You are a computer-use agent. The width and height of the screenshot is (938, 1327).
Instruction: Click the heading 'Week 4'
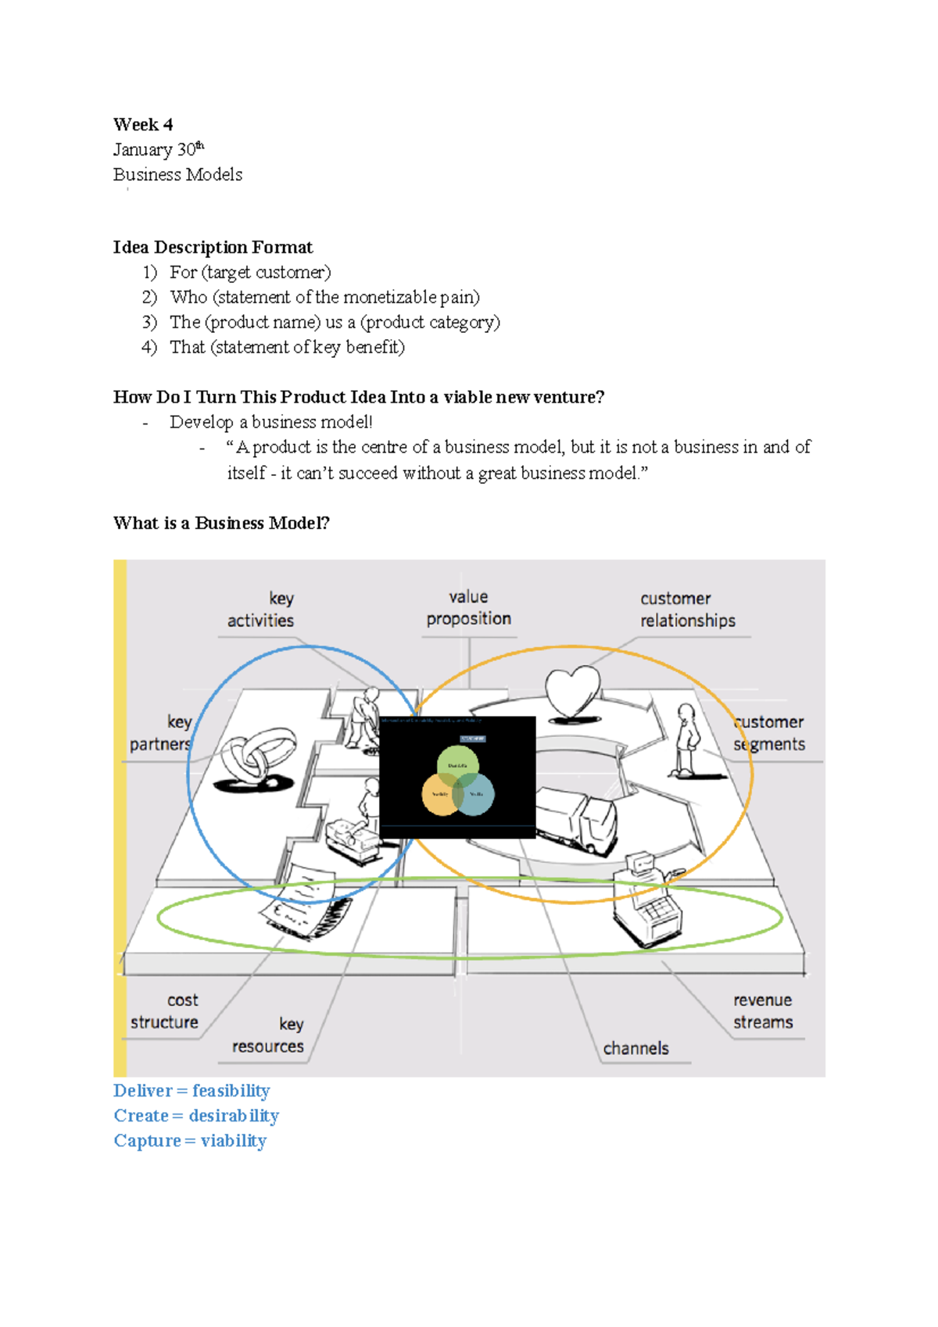pos(143,125)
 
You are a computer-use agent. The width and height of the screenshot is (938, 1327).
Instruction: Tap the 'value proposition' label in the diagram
pos(468,608)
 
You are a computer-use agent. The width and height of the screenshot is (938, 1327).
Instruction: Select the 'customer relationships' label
pos(687,610)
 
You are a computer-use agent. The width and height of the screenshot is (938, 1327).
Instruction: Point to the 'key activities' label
pos(261,610)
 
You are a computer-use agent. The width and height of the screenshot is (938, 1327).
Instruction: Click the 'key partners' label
pos(161,733)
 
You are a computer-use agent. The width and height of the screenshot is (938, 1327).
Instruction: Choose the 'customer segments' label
pos(770,733)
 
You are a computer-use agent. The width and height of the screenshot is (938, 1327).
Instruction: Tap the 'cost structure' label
pos(165,1011)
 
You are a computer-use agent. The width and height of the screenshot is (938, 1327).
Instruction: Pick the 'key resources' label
pos(268,1035)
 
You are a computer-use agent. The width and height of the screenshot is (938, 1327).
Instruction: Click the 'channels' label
pos(635,1049)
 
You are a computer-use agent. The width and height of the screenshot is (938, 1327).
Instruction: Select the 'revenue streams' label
pos(763,1011)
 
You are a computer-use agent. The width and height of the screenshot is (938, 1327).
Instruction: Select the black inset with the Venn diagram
pos(457,777)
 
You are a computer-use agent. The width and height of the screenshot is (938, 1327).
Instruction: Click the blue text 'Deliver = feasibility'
pos(192,1091)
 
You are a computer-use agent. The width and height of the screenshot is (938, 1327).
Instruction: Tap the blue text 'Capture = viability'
pos(190,1141)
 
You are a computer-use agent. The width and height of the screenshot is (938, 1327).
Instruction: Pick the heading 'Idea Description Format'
pos(213,248)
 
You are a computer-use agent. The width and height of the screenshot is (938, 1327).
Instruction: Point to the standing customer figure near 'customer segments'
pos(686,739)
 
